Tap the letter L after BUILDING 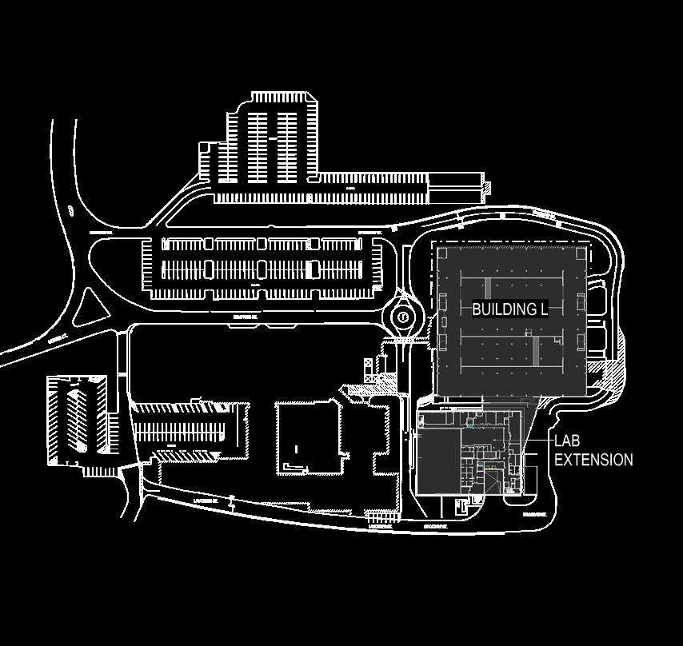pyautogui.click(x=543, y=309)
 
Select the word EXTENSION pyautogui.click(x=593, y=460)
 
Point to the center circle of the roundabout pyautogui.click(x=404, y=317)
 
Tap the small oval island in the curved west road pyautogui.click(x=71, y=211)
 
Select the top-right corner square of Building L pyautogui.click(x=581, y=253)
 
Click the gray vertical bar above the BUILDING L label pyautogui.click(x=488, y=289)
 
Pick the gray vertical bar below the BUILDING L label pyautogui.click(x=536, y=349)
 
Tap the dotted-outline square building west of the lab pyautogui.click(x=309, y=437)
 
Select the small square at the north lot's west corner pyautogui.click(x=204, y=148)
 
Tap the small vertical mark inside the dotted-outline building pyautogui.click(x=297, y=449)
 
